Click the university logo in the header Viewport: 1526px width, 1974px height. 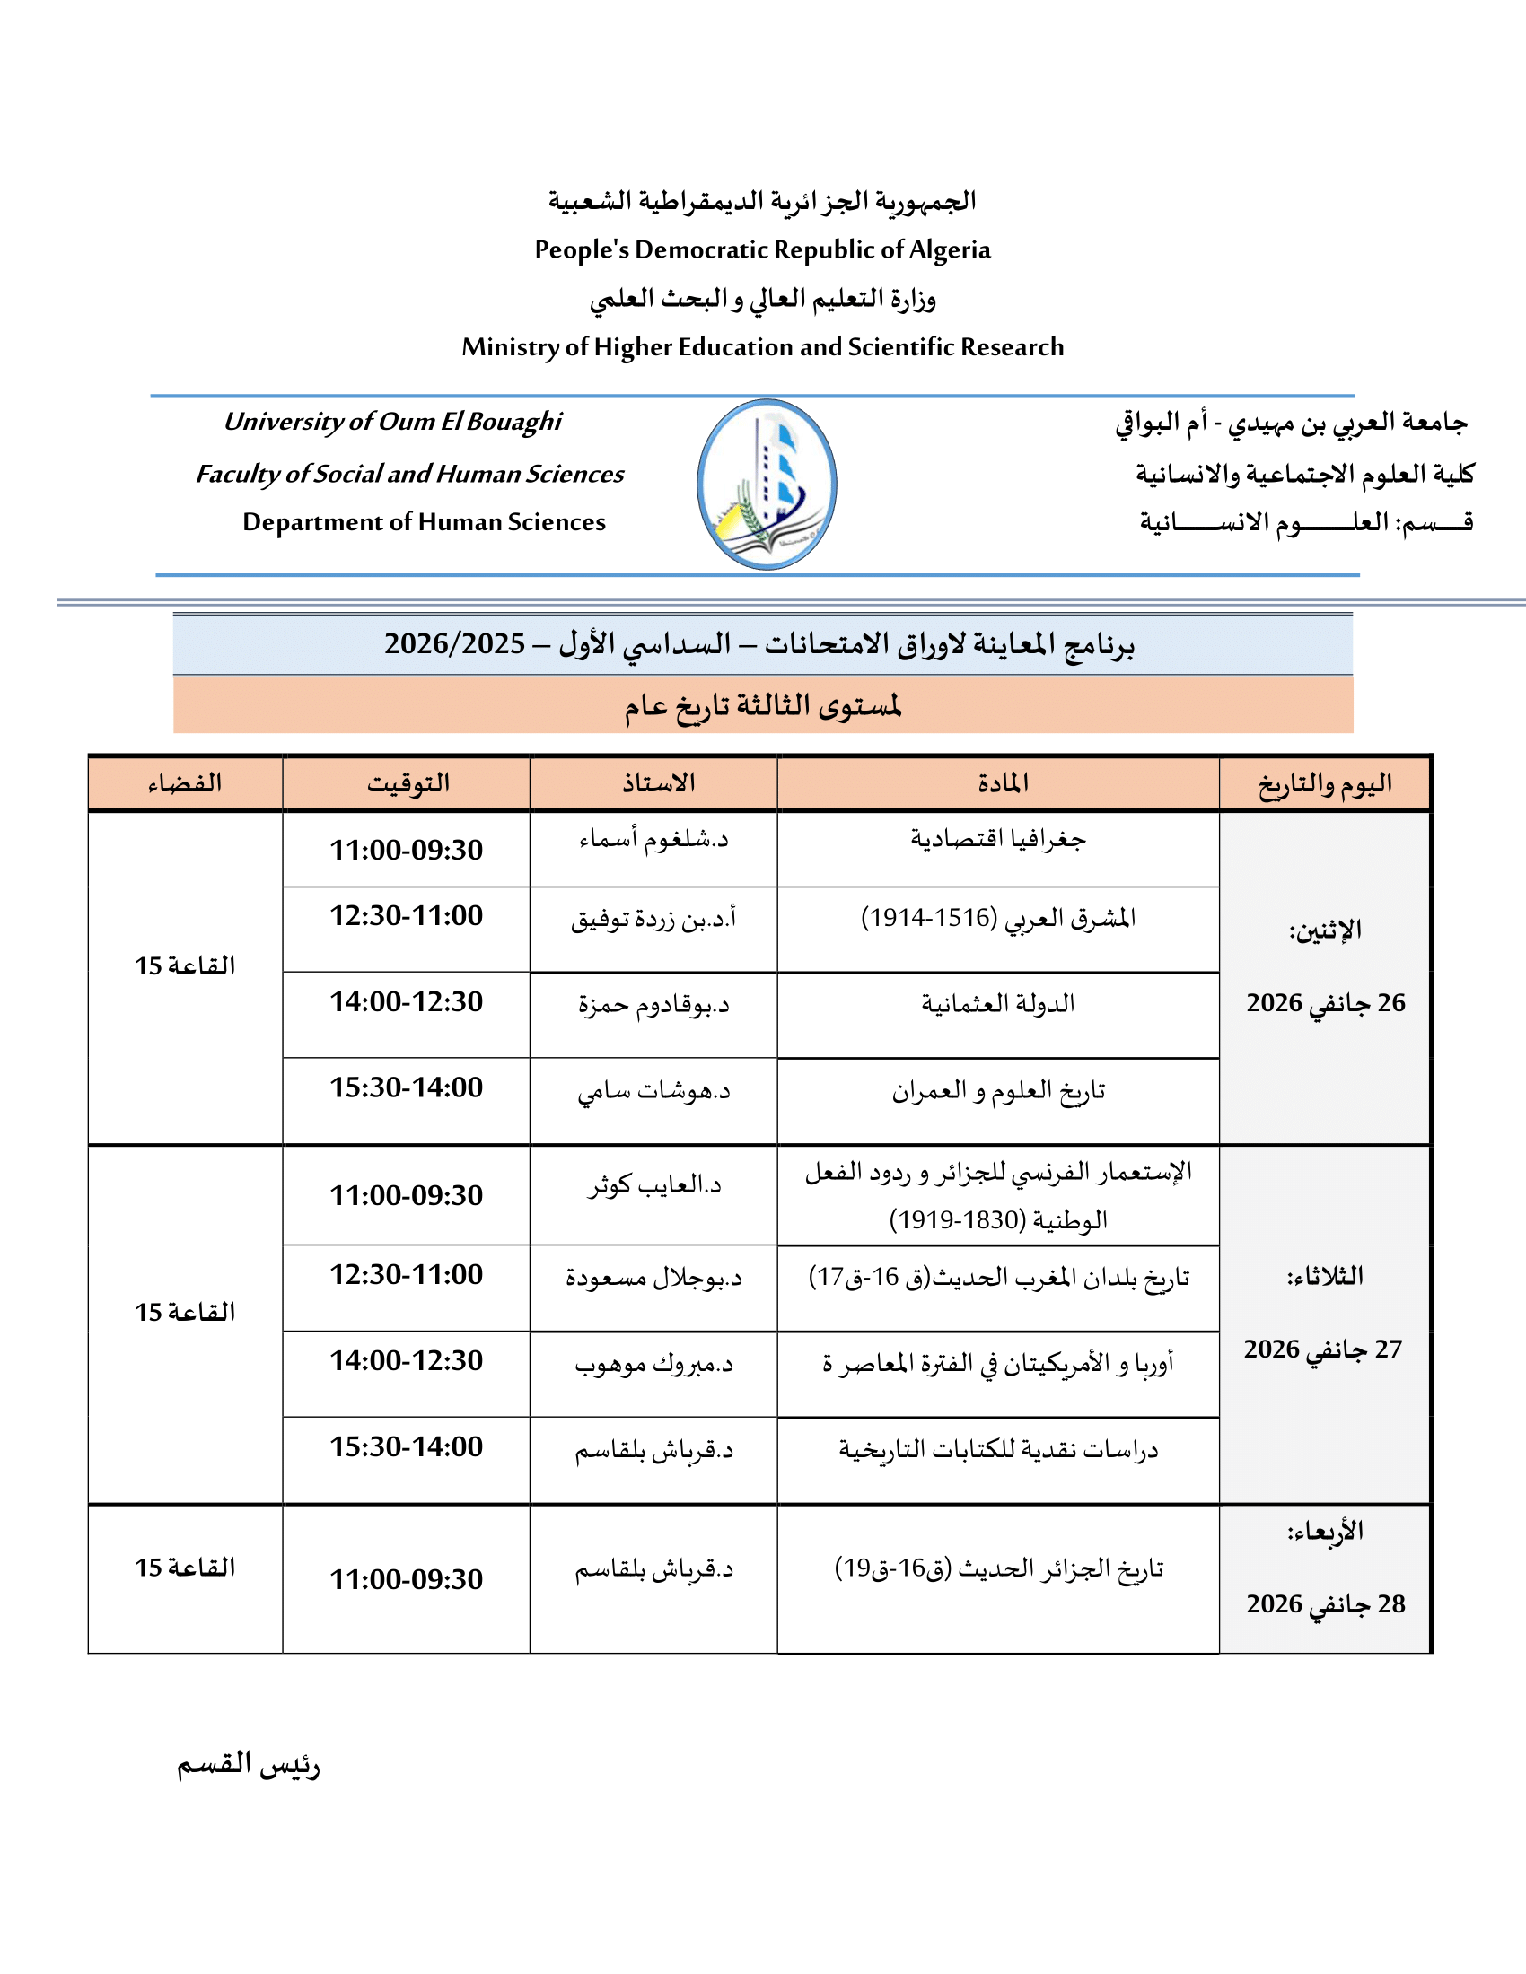tap(767, 484)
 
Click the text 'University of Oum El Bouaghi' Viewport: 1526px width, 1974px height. tap(392, 421)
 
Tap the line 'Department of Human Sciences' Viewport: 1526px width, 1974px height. tap(424, 521)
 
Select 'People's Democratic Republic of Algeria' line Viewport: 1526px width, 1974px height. tap(762, 249)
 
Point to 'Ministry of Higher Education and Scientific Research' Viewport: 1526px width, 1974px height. tap(762, 347)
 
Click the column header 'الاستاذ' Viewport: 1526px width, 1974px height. tap(657, 782)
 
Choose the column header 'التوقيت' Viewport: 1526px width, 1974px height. tap(407, 782)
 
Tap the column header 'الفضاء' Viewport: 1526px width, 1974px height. tap(185, 782)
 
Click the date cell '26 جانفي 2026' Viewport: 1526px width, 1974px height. tap(1325, 1002)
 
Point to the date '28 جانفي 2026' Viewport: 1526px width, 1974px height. tap(1325, 1603)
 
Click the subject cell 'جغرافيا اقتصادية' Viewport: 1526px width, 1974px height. tap(998, 840)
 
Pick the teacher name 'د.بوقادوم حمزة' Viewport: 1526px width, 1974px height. tap(653, 1004)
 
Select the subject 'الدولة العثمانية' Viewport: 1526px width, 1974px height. tap(998, 1003)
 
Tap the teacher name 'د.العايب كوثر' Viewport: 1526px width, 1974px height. tap(653, 1184)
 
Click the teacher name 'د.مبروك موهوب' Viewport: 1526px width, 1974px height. tap(653, 1364)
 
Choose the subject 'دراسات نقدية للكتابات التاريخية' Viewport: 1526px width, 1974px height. tap(998, 1450)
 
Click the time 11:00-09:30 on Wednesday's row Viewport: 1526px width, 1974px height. tap(406, 1579)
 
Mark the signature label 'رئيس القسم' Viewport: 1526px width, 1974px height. tap(248, 1763)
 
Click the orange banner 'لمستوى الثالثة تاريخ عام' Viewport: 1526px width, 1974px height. tap(762, 705)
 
